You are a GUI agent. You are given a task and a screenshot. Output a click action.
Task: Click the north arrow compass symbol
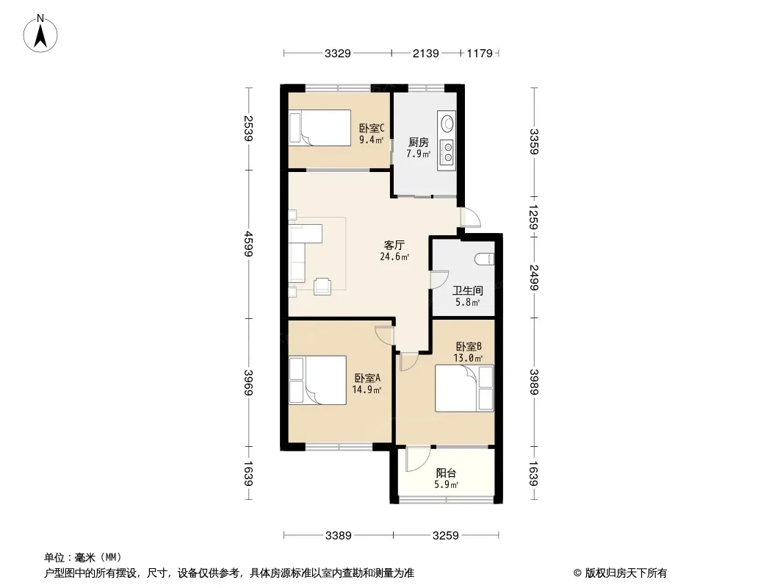40,34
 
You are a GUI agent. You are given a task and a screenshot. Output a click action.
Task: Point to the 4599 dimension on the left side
249,243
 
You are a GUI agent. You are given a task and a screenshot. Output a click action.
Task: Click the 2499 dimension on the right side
534,277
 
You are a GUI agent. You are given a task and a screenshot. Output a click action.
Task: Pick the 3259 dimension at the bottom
445,536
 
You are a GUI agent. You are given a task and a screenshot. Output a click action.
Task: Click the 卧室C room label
372,129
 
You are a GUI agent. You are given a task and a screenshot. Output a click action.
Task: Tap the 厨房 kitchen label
419,143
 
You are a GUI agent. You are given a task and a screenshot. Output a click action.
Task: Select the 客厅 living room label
394,245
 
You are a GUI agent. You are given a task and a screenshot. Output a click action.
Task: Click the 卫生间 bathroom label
467,290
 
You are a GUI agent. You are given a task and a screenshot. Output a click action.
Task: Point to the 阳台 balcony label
446,473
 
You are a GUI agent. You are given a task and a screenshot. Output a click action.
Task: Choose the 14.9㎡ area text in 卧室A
367,390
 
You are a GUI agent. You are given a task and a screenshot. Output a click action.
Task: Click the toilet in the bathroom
485,259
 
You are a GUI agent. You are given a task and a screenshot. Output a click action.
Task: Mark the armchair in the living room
322,286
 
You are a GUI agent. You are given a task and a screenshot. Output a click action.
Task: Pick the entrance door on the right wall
470,218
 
